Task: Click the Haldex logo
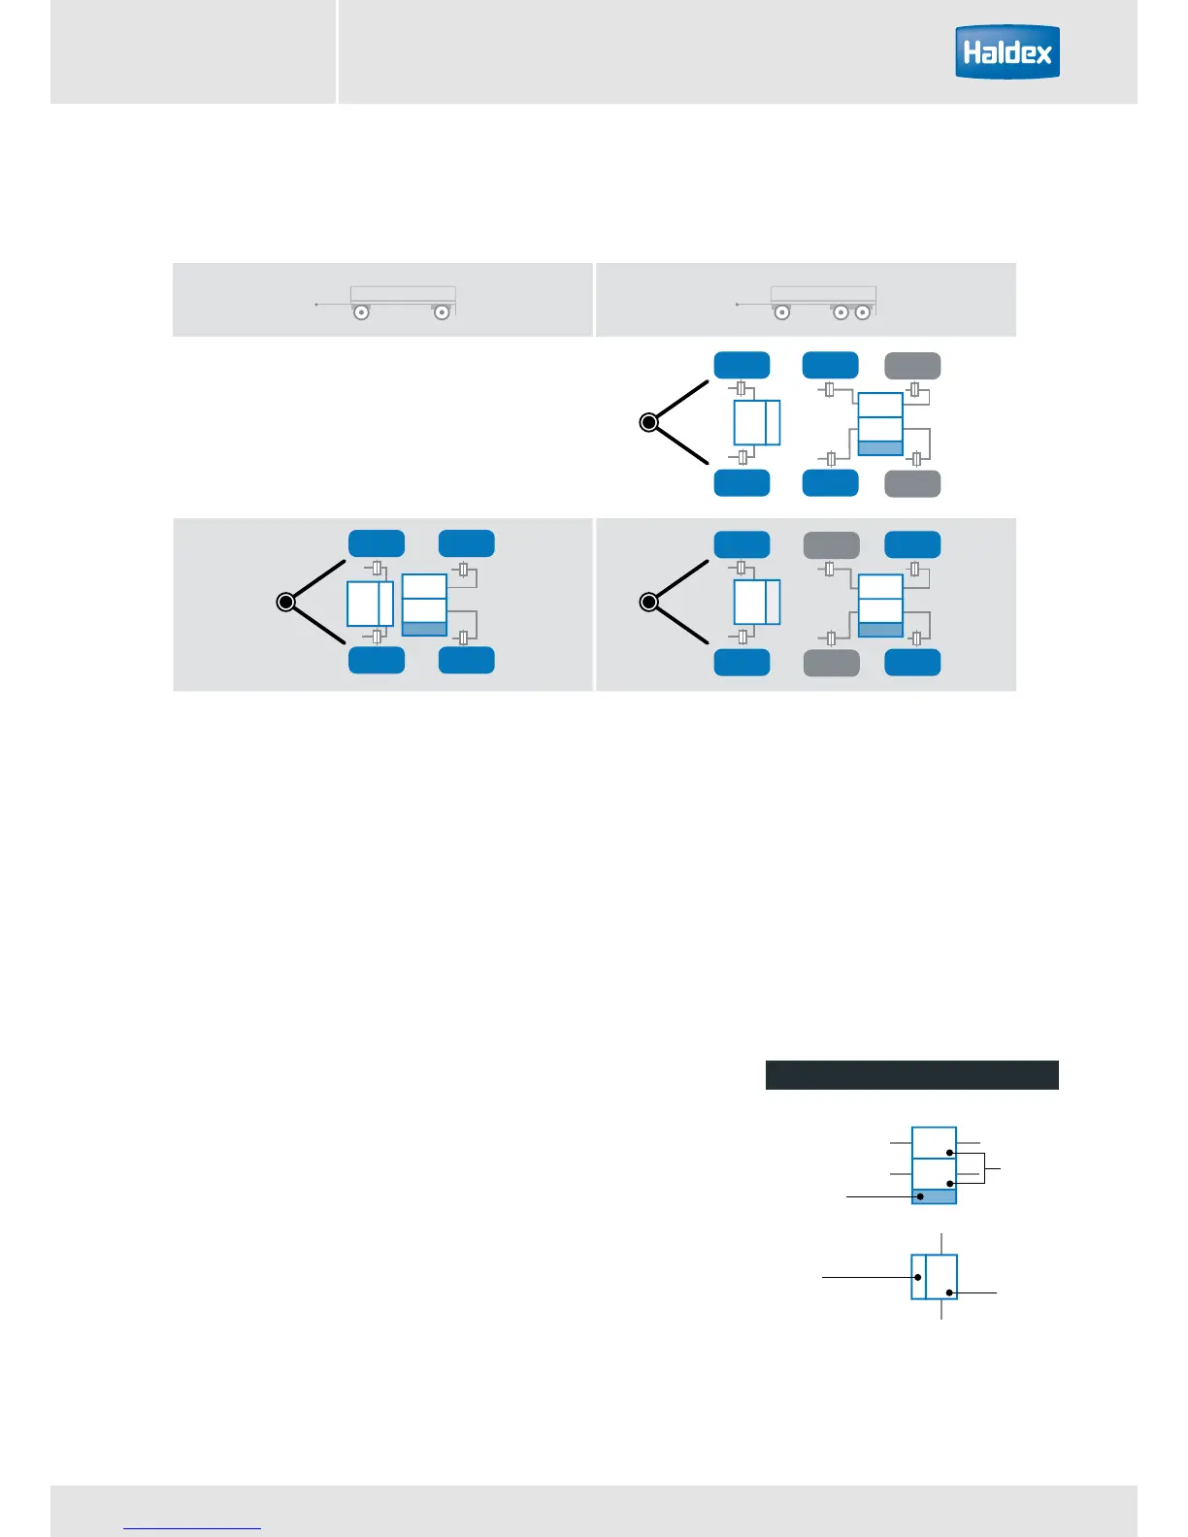pyautogui.click(x=1006, y=51)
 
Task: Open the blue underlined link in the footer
pyautogui.click(x=192, y=1528)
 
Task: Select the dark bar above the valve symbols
pyautogui.click(x=911, y=1075)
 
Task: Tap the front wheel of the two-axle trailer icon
pyautogui.click(x=361, y=312)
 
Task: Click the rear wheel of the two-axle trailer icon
pyautogui.click(x=442, y=312)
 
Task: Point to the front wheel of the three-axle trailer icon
pyautogui.click(x=781, y=312)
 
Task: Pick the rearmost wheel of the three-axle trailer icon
pyautogui.click(x=862, y=312)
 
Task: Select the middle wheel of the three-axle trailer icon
pyautogui.click(x=841, y=312)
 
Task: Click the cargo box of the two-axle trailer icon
pyautogui.click(x=403, y=294)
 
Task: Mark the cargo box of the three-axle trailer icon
pyautogui.click(x=823, y=294)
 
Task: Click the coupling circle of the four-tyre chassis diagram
pyautogui.click(x=285, y=603)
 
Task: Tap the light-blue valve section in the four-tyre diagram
pyautogui.click(x=424, y=629)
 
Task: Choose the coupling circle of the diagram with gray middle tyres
pyautogui.click(x=649, y=603)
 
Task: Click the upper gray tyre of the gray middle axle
pyautogui.click(x=832, y=545)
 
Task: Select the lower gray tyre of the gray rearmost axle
pyautogui.click(x=912, y=483)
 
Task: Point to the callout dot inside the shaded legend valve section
pyautogui.click(x=920, y=1196)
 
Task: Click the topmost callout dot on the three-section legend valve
pyautogui.click(x=950, y=1153)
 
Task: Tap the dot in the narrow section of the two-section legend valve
pyautogui.click(x=918, y=1277)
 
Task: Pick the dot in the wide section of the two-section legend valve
pyautogui.click(x=949, y=1292)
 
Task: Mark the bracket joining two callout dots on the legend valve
pyautogui.click(x=985, y=1168)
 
